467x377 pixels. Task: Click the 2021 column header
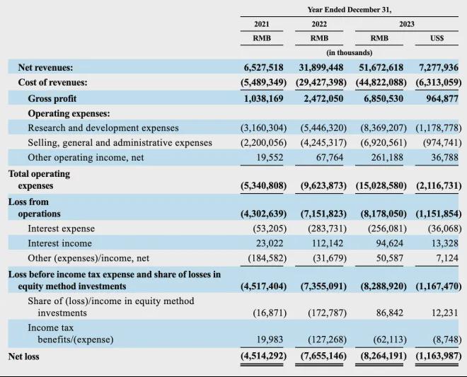262,24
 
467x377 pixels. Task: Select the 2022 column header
320,24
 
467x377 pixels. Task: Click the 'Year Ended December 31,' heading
350,9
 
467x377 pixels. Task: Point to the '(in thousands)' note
350,53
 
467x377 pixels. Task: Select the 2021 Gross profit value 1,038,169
263,98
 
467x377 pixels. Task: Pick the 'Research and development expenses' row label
103,128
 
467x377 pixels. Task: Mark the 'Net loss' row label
23,356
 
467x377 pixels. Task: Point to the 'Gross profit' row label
52,98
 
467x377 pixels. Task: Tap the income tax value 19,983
268,339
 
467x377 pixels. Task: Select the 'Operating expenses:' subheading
69,113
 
